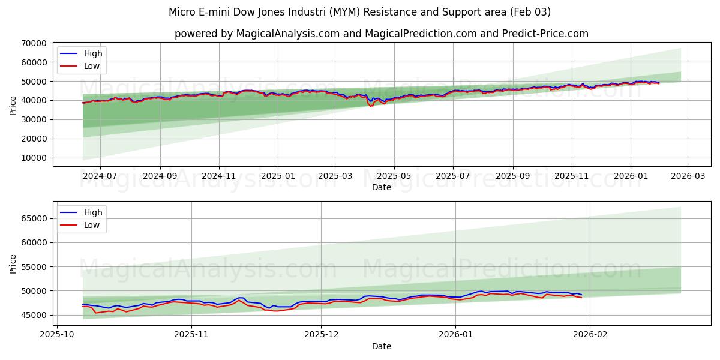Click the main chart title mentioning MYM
[x=359, y=12]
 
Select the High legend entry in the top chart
[x=93, y=53]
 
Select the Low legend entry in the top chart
[x=92, y=66]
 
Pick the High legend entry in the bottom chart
[x=93, y=212]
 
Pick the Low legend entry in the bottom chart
[x=92, y=225]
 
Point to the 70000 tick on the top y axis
[x=34, y=43]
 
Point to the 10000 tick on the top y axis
[x=34, y=158]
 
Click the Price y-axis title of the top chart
[x=13, y=105]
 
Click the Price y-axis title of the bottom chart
[x=13, y=264]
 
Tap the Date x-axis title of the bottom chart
[x=381, y=346]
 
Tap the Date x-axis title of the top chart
[x=381, y=187]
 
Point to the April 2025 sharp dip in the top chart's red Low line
[x=371, y=106]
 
